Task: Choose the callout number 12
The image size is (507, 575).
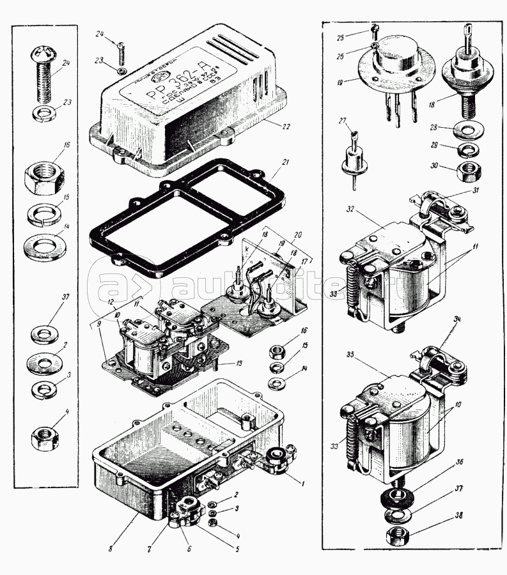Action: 112,301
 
